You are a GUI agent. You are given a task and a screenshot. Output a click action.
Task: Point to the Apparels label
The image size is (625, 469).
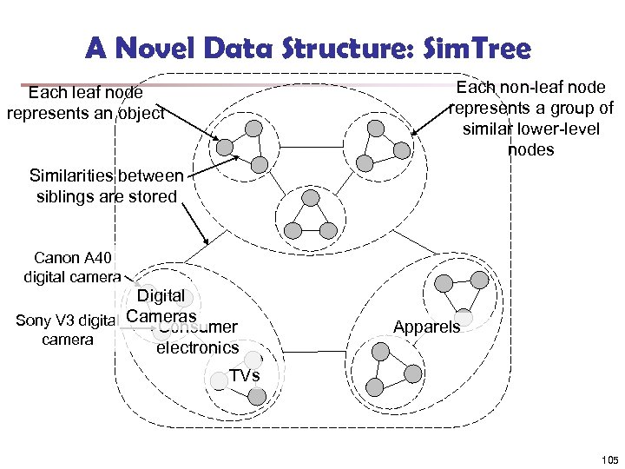(x=426, y=327)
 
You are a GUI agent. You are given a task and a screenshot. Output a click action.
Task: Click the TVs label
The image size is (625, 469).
(x=244, y=375)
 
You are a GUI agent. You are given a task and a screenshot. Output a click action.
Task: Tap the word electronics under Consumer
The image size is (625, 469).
(x=197, y=348)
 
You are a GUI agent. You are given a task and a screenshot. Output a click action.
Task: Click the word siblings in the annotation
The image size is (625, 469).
(x=66, y=195)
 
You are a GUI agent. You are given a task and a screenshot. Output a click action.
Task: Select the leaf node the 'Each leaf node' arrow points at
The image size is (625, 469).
(x=225, y=146)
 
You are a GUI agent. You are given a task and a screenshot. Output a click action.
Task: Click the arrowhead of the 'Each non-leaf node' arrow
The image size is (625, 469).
(x=413, y=134)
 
